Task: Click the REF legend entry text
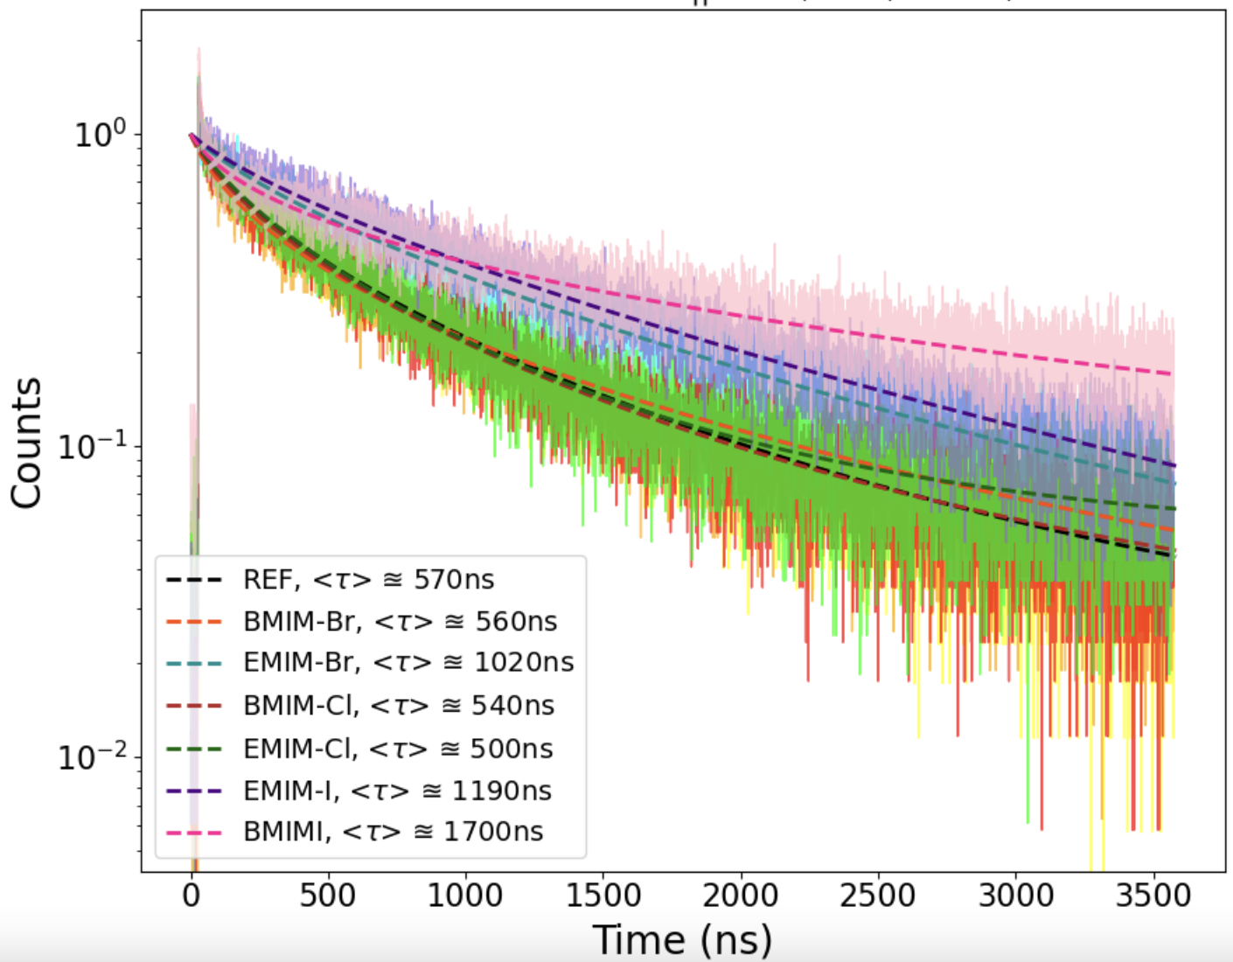pos(368,580)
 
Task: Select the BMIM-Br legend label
pos(400,622)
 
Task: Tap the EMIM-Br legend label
pos(408,663)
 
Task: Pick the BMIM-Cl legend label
pos(399,706)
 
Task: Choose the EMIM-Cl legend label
pos(398,749)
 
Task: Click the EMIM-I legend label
pos(397,791)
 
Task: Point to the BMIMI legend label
pos(393,832)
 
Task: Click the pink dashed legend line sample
pos(194,833)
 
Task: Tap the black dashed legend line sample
pos(194,580)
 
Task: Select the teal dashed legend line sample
pos(194,664)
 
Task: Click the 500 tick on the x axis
pos(327,896)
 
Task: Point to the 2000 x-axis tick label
pos(741,896)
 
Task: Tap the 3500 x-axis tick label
pos(1153,896)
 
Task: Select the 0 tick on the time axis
pos(191,896)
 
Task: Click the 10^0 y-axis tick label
pos(100,134)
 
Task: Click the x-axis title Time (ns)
pos(682,940)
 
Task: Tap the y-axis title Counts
pos(26,443)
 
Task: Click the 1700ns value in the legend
pos(493,832)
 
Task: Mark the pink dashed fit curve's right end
pos(1172,374)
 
